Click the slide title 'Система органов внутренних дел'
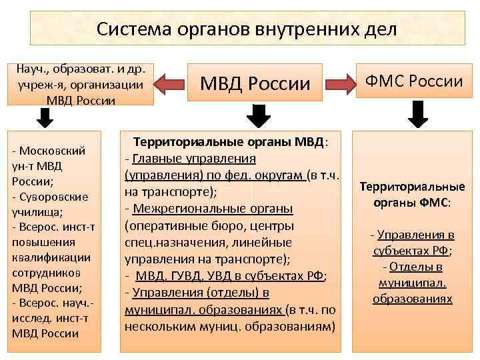point(247,29)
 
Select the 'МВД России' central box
point(256,83)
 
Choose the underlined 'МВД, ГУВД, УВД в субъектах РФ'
point(231,275)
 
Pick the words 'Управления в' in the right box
point(416,235)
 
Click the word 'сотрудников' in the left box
point(47,273)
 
